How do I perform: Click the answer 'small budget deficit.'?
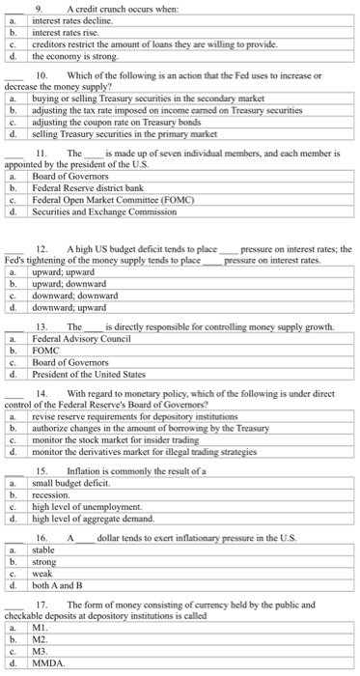(x=73, y=481)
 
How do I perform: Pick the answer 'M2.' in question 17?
(x=41, y=638)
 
